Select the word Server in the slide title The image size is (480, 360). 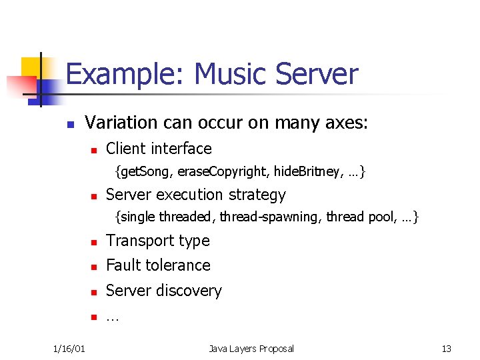click(x=318, y=75)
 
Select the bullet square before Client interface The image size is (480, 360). click(x=94, y=150)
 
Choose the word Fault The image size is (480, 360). click(x=123, y=265)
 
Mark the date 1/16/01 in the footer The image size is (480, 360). click(x=68, y=349)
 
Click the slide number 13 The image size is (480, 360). click(x=446, y=349)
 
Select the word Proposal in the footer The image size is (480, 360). click(x=275, y=349)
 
